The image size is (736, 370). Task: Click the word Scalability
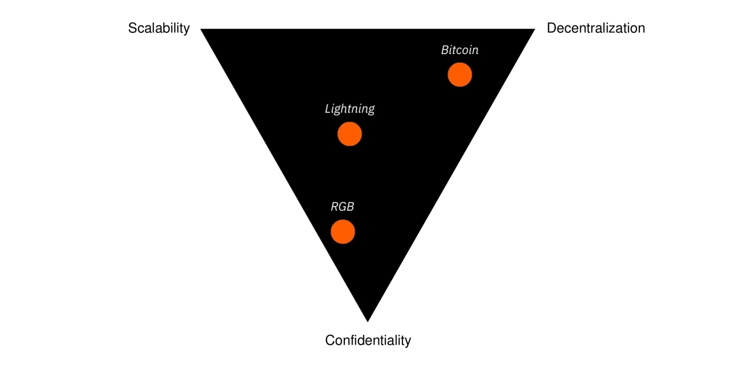coord(159,28)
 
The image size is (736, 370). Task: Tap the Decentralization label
coord(596,28)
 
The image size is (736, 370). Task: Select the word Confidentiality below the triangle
coord(368,340)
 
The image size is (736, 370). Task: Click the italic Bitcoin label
coord(459,50)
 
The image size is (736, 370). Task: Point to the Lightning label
coord(350,108)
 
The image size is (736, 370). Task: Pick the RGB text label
coord(342,207)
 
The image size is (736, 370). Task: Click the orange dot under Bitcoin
coord(460,75)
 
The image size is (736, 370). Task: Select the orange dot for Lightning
coord(350,134)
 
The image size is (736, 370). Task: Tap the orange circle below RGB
coord(343,232)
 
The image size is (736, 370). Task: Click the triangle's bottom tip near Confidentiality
coord(367,319)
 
